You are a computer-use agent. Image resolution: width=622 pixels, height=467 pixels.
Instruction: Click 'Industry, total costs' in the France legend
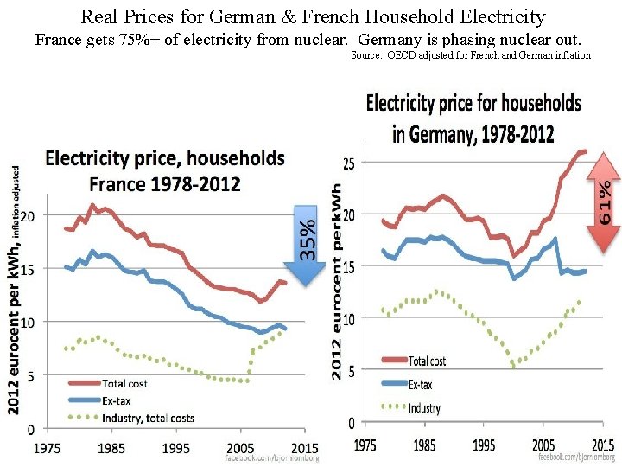point(148,418)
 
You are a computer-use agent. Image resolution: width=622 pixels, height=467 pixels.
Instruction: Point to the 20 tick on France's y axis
point(29,215)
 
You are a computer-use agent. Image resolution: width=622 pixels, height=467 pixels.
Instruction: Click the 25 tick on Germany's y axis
point(350,163)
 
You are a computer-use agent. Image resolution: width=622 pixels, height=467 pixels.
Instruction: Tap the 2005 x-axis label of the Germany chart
point(543,445)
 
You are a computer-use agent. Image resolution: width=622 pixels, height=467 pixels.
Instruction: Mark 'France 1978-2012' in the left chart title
point(164,183)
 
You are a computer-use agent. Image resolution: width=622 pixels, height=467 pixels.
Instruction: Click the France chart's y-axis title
point(14,290)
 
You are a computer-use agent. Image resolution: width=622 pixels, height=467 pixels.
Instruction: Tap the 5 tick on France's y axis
point(31,376)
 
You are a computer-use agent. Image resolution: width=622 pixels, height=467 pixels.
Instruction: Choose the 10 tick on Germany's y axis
point(350,320)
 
